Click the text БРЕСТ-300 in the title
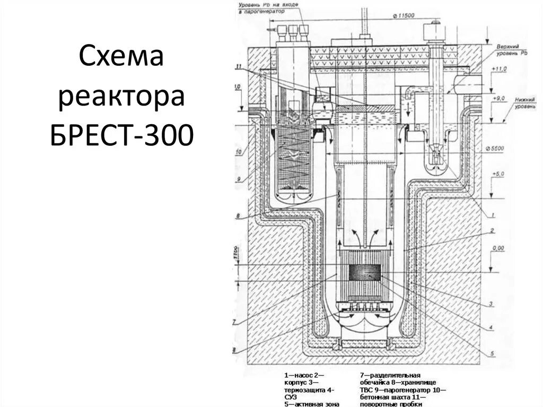click(121, 136)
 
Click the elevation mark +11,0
click(500, 70)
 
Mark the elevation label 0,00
click(498, 248)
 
